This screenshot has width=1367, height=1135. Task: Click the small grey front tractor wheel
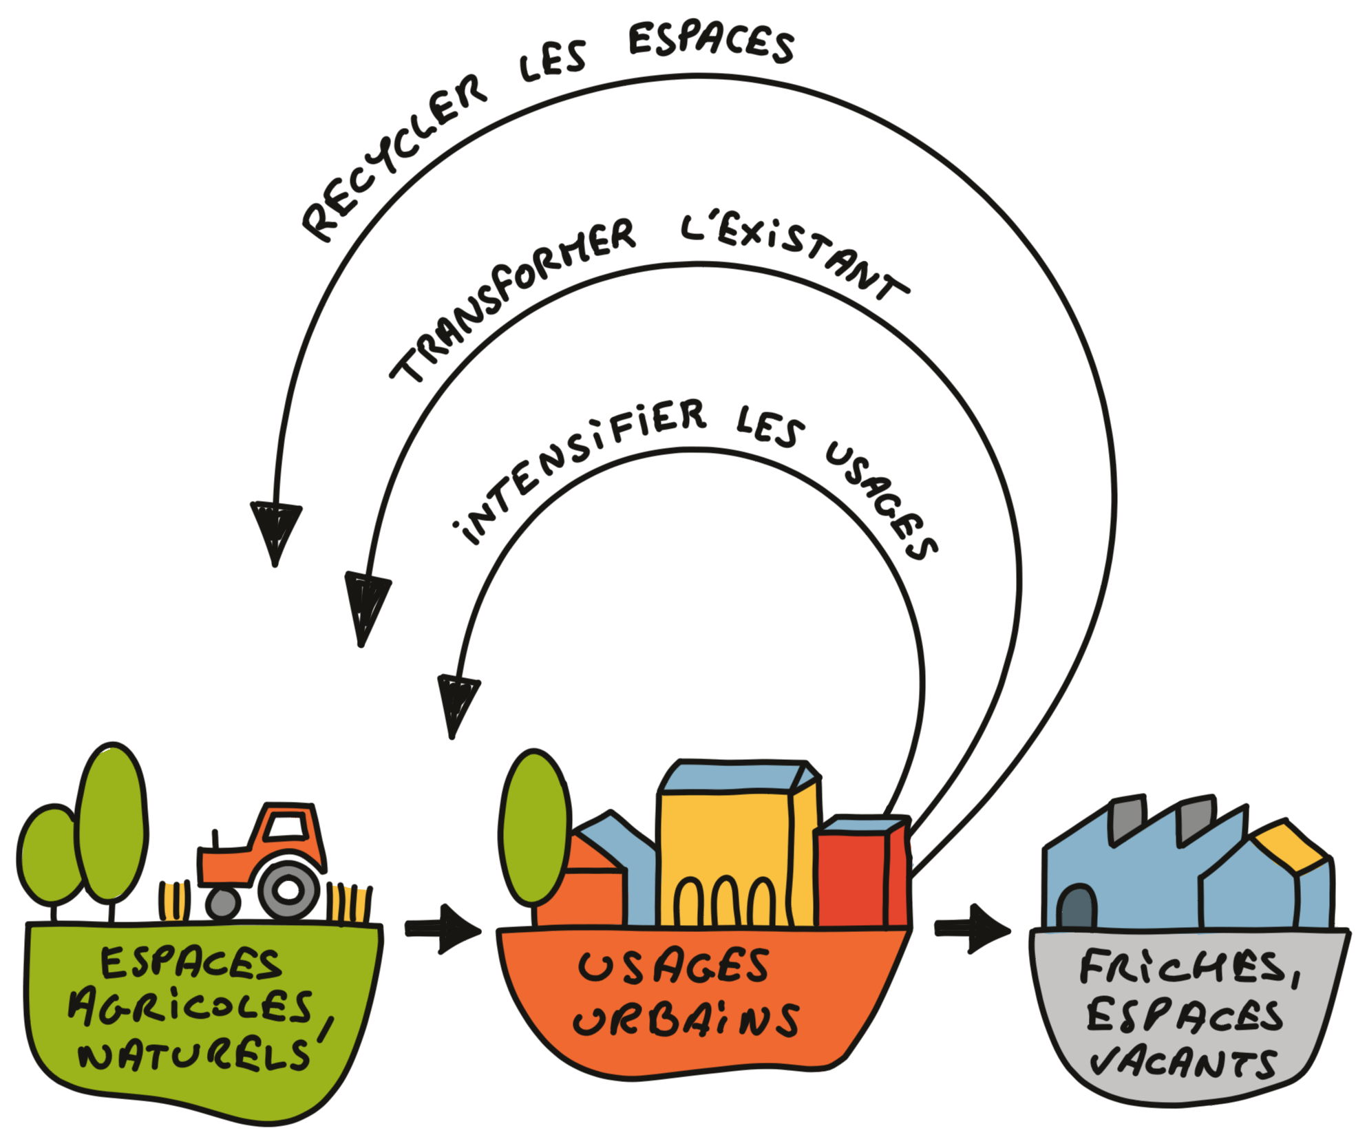point(223,903)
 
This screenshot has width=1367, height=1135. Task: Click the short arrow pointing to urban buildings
point(444,929)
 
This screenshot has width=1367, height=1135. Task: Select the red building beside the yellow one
point(854,878)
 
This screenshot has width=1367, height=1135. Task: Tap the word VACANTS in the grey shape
point(1184,1063)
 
